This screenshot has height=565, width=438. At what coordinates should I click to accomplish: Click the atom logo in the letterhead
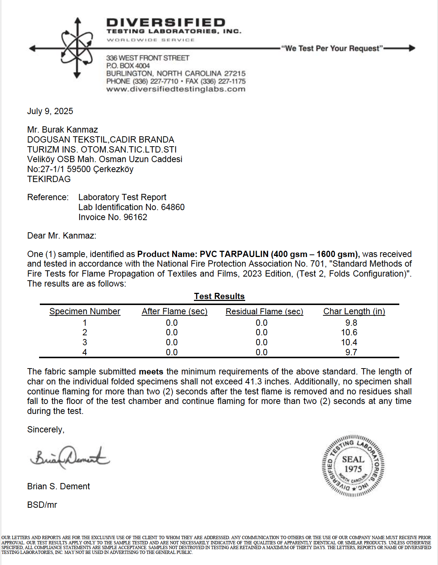[77, 48]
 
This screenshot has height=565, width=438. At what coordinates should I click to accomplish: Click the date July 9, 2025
[50, 111]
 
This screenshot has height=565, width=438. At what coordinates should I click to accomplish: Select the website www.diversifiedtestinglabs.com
[176, 89]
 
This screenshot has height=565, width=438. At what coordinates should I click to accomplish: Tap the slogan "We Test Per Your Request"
[332, 48]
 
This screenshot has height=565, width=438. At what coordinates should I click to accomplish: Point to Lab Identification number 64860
[173, 207]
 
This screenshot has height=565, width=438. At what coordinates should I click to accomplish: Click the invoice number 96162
[135, 217]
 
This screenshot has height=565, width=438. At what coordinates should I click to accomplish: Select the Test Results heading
[219, 296]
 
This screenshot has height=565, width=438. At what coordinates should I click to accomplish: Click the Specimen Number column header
[85, 311]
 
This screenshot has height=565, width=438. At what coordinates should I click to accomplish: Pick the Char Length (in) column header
[354, 311]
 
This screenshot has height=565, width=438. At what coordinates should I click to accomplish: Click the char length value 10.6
[349, 332]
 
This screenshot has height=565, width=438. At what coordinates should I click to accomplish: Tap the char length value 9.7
[351, 352]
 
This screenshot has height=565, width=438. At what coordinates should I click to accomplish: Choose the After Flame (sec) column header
[175, 311]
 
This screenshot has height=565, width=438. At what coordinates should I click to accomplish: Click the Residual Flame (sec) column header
[264, 311]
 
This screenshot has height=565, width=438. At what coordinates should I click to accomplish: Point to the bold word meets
[151, 371]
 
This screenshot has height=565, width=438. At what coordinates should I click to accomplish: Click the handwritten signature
[70, 458]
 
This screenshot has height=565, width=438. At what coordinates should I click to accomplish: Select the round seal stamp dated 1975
[353, 465]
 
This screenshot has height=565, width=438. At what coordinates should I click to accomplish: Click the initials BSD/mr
[42, 505]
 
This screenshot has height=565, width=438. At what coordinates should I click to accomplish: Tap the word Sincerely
[46, 429]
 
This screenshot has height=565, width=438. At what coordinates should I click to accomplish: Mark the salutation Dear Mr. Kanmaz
[62, 236]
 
